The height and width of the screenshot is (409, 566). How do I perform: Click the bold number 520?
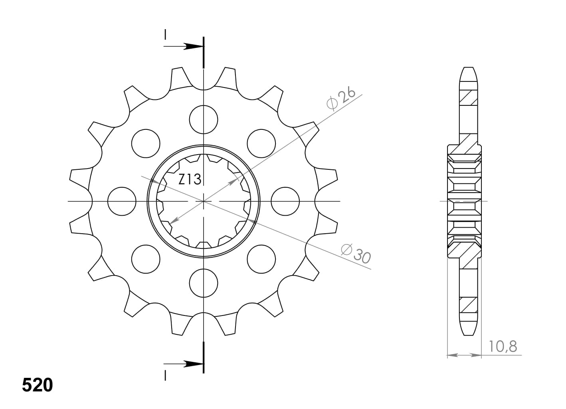37,385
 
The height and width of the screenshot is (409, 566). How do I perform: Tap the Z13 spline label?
190,180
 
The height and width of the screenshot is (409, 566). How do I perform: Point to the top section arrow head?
194,47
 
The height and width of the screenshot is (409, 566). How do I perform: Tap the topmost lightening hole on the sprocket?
204,119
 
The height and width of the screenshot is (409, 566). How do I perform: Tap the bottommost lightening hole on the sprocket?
204,283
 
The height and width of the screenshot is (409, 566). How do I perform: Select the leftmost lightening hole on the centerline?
122,201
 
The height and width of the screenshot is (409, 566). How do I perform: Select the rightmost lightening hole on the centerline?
285,201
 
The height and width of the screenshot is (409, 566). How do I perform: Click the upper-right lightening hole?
261,143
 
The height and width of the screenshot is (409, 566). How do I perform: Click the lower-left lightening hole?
146,259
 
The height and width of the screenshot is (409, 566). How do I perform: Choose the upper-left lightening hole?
146,143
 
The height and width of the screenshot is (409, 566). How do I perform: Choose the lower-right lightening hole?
261,259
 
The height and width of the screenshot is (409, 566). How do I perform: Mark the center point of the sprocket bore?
204,201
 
